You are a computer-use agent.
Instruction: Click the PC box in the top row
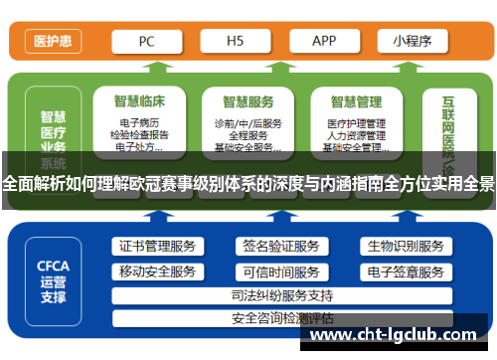[x=145, y=41]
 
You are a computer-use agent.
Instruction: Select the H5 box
[x=235, y=41]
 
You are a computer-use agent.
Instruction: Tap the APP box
[x=324, y=41]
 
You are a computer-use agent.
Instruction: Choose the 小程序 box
[x=411, y=41]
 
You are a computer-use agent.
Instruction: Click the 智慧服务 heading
[x=248, y=100]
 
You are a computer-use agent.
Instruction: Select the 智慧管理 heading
[x=356, y=100]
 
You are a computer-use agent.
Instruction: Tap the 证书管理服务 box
[x=157, y=247]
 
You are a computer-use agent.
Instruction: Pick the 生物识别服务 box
[x=405, y=247]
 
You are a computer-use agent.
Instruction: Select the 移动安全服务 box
[x=157, y=271]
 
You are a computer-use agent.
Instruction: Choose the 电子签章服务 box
[x=405, y=271]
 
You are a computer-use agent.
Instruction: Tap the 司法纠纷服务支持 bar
[x=281, y=295]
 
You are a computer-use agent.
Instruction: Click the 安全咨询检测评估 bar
[x=281, y=319]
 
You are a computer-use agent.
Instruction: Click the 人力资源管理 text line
[x=356, y=135]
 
